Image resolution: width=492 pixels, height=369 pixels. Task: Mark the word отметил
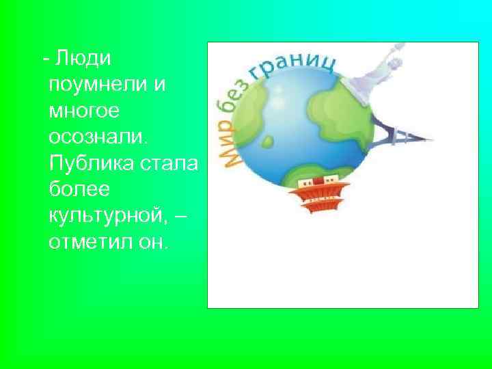click(89, 241)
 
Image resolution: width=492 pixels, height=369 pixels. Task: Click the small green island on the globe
click(269, 142)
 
